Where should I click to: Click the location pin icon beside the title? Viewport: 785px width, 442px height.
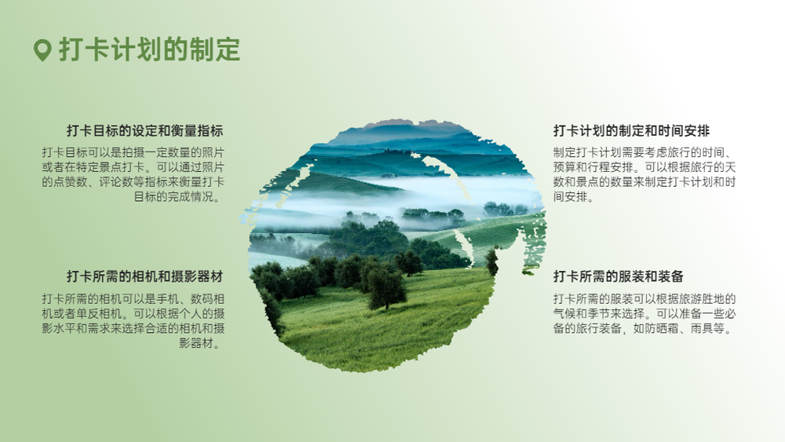click(x=42, y=50)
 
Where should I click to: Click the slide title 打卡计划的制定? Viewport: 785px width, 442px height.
click(x=150, y=49)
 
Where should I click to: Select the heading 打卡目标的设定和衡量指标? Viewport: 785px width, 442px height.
click(x=145, y=131)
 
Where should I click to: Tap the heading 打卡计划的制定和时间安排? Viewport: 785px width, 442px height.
click(x=631, y=131)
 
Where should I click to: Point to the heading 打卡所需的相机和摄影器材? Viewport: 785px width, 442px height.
click(x=145, y=276)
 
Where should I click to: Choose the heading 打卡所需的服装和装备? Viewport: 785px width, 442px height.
click(x=619, y=276)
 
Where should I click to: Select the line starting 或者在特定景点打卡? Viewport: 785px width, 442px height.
click(x=133, y=167)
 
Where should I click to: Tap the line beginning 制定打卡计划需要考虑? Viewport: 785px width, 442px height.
click(x=644, y=152)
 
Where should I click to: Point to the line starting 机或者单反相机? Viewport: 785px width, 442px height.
click(x=133, y=314)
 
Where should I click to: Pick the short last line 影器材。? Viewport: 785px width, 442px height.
click(x=201, y=343)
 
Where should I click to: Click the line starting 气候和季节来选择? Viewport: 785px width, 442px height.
click(x=644, y=314)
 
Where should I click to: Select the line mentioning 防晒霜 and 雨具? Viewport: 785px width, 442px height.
click(x=643, y=329)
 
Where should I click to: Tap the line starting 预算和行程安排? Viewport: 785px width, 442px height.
click(x=644, y=167)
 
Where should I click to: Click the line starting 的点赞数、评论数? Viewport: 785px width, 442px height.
click(x=133, y=181)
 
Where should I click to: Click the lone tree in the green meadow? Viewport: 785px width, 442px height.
click(x=385, y=287)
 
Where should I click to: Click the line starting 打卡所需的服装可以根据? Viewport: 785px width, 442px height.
click(x=644, y=299)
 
